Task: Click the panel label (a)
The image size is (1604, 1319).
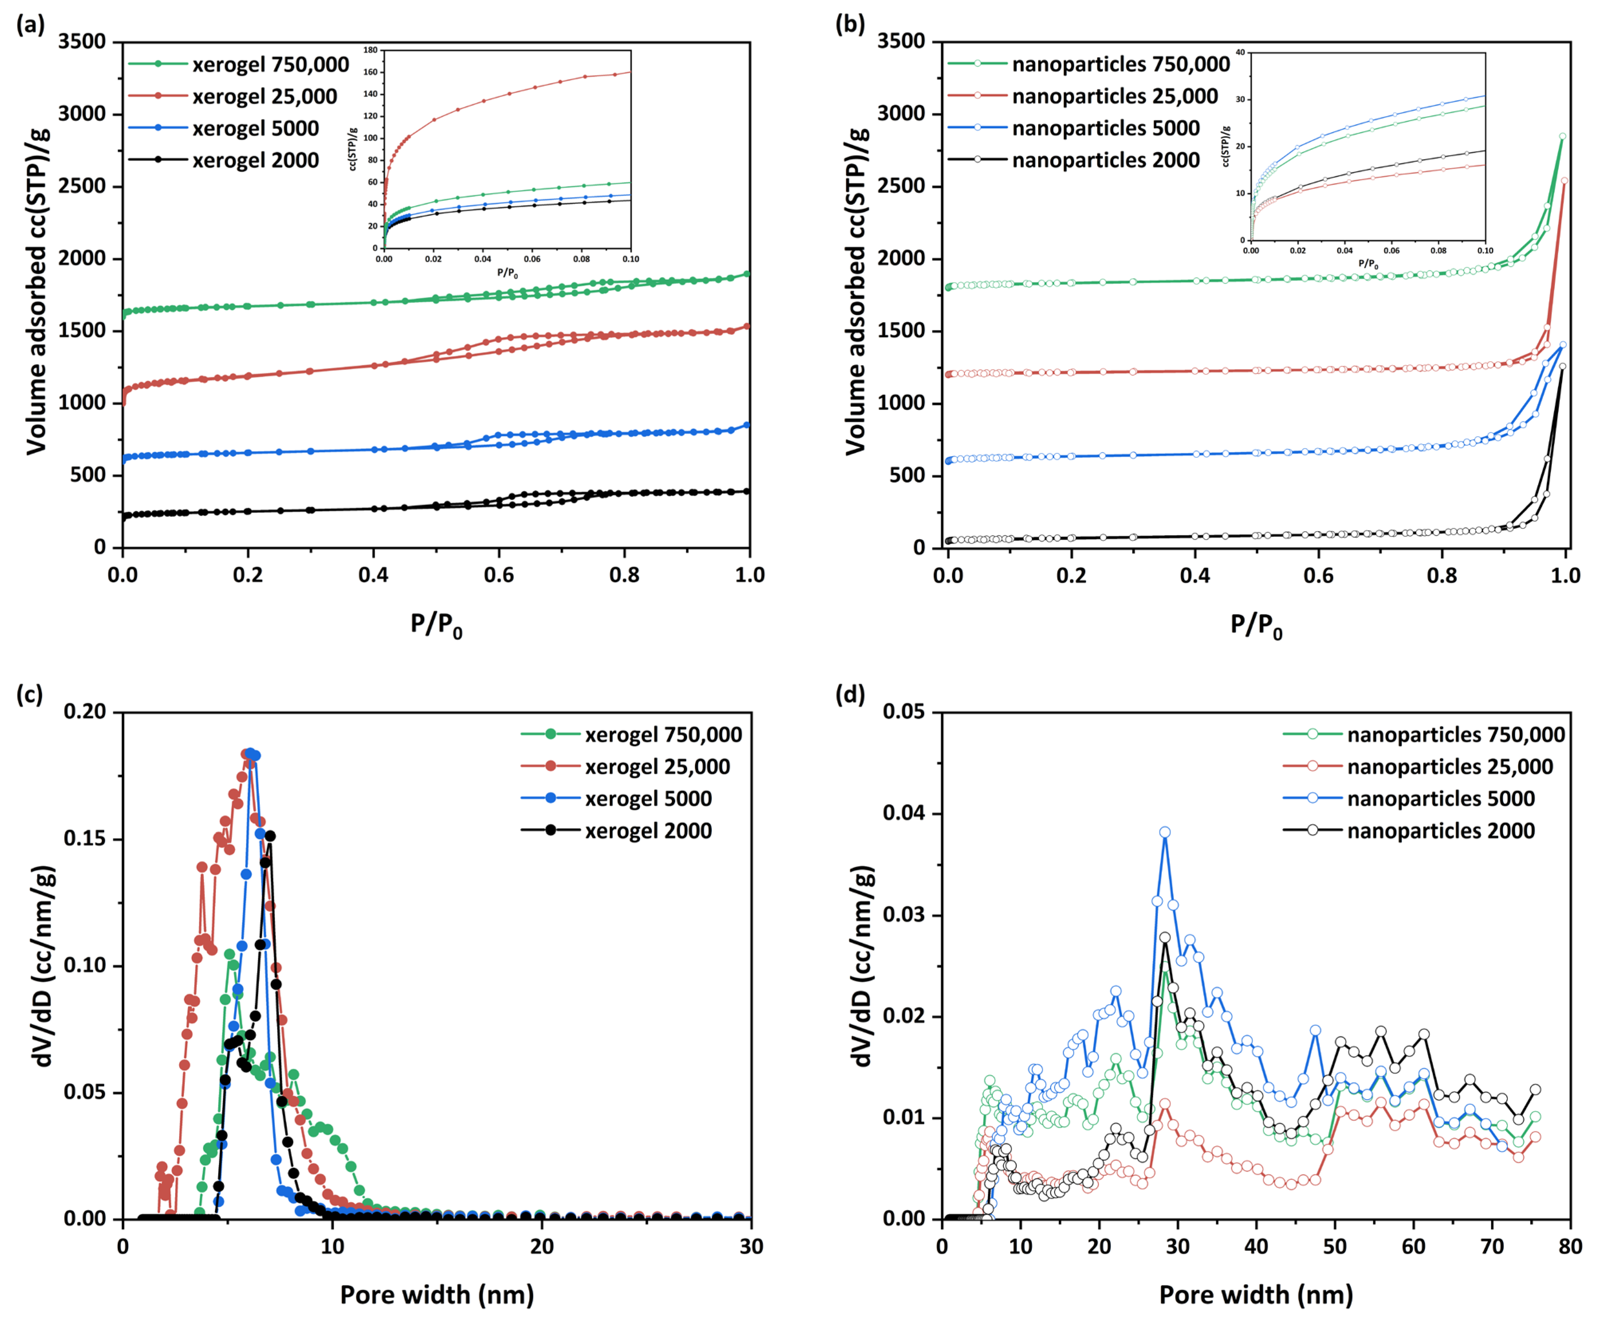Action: click(30, 25)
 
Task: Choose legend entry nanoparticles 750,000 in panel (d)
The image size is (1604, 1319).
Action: click(1455, 735)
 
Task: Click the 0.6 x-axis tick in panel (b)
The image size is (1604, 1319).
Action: click(1318, 575)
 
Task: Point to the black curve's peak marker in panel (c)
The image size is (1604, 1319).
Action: click(270, 836)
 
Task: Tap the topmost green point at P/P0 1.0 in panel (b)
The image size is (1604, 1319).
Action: click(1562, 137)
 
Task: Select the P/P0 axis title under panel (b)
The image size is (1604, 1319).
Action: click(1256, 625)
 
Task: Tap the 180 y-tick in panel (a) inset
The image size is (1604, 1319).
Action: click(371, 50)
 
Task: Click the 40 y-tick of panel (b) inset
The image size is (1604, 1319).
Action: click(1240, 52)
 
